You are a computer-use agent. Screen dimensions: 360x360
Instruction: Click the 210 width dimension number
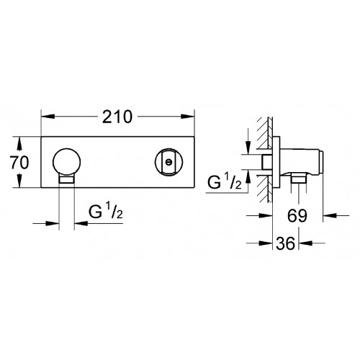click(x=117, y=117)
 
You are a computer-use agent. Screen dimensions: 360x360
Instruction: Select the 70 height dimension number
click(x=19, y=163)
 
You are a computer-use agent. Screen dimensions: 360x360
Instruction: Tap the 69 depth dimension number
click(x=297, y=215)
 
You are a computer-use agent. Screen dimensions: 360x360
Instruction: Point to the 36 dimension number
click(x=285, y=243)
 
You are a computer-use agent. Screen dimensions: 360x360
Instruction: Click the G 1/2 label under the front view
click(x=106, y=211)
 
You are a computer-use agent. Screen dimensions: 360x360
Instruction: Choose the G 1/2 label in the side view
click(x=225, y=181)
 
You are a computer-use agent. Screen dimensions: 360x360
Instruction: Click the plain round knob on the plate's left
click(x=67, y=162)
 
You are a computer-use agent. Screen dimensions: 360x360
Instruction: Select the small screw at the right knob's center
click(x=169, y=162)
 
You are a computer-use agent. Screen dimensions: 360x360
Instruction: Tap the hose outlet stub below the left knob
click(x=67, y=179)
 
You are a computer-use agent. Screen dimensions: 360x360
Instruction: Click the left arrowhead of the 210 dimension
click(x=48, y=117)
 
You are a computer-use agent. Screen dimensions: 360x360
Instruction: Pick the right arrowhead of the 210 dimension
click(x=187, y=117)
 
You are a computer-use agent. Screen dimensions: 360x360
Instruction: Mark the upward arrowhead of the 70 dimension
click(x=19, y=143)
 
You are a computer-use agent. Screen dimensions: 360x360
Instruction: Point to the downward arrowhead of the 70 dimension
click(x=19, y=181)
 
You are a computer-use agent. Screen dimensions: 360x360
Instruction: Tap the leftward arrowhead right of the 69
click(x=330, y=215)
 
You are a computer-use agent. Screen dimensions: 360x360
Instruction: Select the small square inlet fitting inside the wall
click(x=267, y=162)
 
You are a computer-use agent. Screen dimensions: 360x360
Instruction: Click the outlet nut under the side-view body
click(x=298, y=179)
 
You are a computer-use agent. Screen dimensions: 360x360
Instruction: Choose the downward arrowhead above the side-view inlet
click(x=248, y=148)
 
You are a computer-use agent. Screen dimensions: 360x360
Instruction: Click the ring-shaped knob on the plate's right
click(x=169, y=162)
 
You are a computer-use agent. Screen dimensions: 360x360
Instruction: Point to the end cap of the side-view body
click(x=321, y=162)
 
